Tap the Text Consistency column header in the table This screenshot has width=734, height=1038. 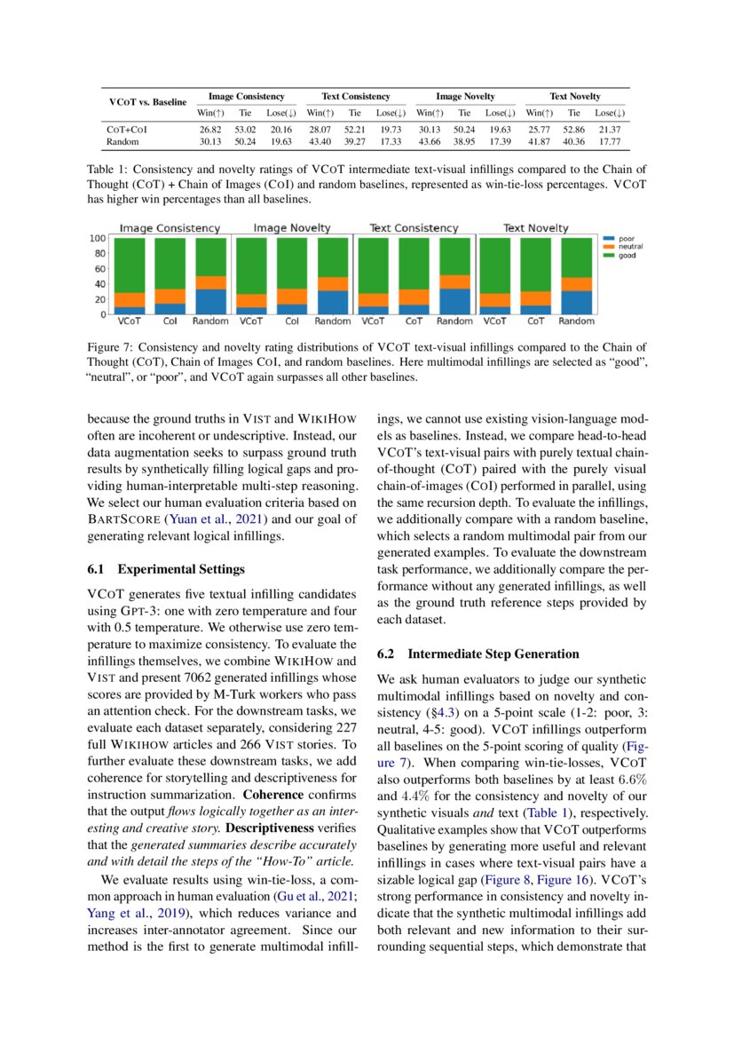(x=355, y=96)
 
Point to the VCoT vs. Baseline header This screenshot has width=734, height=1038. (x=147, y=102)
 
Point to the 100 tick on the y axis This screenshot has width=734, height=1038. (x=99, y=238)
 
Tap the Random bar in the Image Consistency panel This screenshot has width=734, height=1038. (x=210, y=275)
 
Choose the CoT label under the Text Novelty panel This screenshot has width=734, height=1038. (x=536, y=321)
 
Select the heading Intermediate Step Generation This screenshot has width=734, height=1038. (x=479, y=654)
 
